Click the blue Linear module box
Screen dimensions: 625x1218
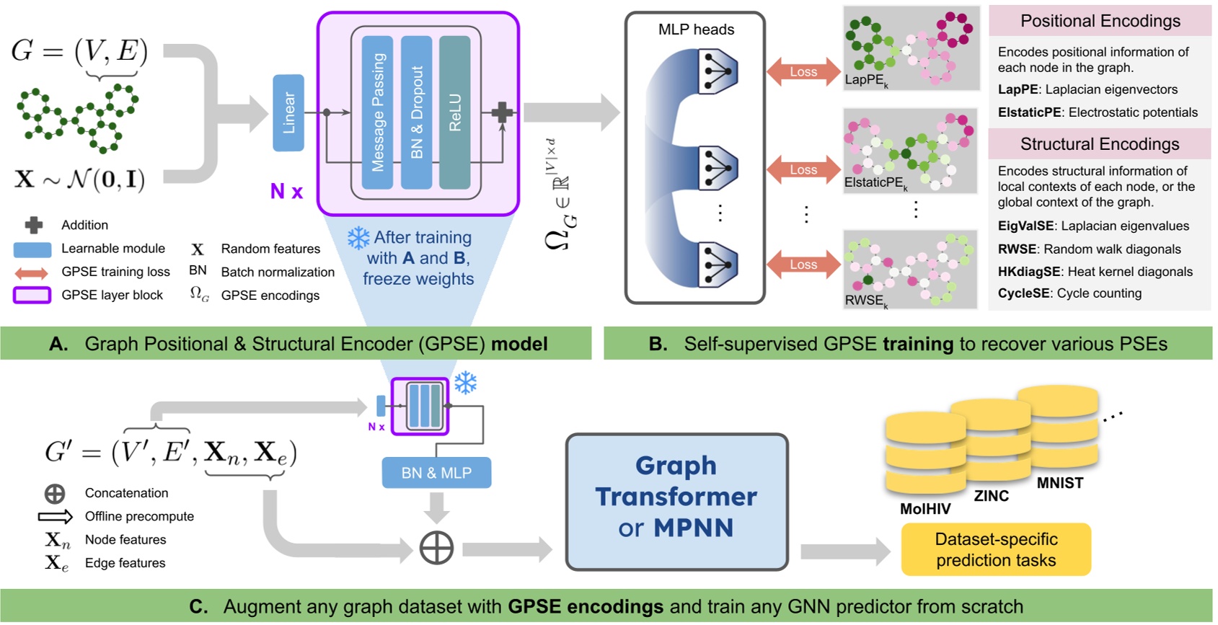(288, 112)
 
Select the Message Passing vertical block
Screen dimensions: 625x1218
(377, 112)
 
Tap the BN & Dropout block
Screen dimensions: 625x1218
(416, 112)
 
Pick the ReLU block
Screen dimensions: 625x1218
(454, 112)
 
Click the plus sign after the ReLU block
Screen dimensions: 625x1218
(502, 112)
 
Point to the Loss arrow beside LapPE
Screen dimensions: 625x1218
(803, 72)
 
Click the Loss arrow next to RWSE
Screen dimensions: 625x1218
(803, 265)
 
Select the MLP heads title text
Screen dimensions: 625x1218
(696, 30)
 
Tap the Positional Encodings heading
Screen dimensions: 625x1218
(1100, 21)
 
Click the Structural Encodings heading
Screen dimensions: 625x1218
(1100, 144)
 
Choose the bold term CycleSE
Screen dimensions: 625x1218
(1018, 293)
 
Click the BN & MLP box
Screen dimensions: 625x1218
(436, 473)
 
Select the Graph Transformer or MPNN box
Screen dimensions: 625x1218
(676, 502)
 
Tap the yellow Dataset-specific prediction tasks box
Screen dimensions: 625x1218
(996, 549)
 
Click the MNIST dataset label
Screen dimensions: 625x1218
(1059, 483)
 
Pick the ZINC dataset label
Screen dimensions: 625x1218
(991, 496)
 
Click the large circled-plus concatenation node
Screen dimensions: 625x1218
(436, 549)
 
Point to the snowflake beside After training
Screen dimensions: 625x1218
(358, 238)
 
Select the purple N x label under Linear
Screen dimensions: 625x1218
(286, 191)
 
